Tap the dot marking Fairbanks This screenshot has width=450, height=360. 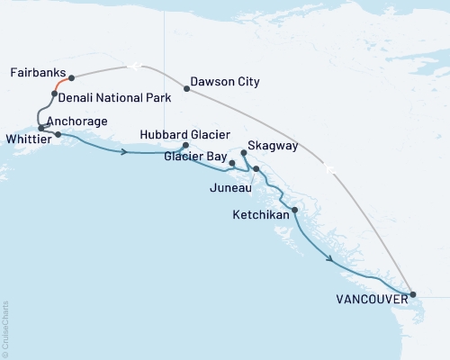coord(71,78)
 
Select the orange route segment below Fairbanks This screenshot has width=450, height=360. coord(61,85)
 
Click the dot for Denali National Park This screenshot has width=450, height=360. coord(55,94)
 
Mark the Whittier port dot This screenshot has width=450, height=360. coord(58,135)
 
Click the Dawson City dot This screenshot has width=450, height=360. coord(186,88)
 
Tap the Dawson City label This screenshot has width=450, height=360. coord(226,82)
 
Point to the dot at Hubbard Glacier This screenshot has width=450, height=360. coord(185,146)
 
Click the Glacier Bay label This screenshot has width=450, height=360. coord(195,155)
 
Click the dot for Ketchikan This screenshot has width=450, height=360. coord(295,210)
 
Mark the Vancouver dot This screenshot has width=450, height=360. coord(413,294)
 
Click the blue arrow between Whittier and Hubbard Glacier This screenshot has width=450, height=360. coord(124,151)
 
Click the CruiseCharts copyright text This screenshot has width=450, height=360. coord(5,328)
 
